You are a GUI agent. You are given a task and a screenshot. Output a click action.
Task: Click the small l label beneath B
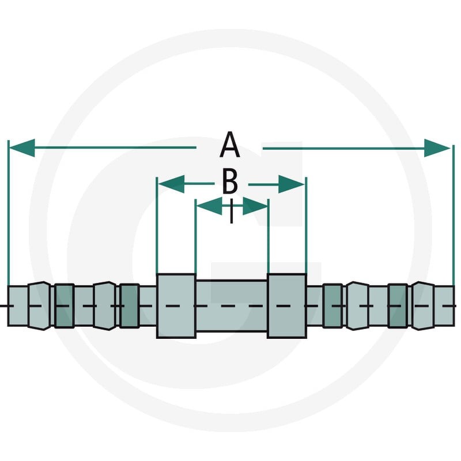pos(232,211)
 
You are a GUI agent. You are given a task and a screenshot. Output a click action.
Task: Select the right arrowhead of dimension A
pos(437,148)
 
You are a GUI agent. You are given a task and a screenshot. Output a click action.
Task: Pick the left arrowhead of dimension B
pos(171,184)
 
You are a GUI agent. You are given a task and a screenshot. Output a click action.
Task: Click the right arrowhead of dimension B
pos(291,184)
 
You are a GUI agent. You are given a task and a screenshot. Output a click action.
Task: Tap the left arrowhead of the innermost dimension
pos(209,206)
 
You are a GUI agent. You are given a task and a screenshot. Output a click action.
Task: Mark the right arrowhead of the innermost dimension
pos(255,206)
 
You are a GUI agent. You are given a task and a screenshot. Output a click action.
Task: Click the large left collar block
pos(176,306)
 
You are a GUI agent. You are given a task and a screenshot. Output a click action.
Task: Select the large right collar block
pos(287,305)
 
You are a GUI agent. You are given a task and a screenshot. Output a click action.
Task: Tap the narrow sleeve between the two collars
pos(232,306)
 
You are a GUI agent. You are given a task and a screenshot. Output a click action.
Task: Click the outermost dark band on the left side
pos(64,306)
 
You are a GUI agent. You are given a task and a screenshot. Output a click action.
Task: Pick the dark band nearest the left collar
pos(129,306)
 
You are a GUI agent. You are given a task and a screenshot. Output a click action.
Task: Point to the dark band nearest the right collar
pos(332,306)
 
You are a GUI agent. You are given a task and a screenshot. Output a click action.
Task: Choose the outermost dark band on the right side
pos(398,306)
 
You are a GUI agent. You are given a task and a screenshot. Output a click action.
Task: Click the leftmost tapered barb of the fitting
pos(39,306)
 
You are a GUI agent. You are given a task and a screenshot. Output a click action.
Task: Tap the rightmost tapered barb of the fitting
pos(424,306)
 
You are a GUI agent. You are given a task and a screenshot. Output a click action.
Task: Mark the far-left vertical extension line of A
pos(9,213)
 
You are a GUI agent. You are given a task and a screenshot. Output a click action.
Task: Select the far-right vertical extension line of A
pos(452,215)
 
